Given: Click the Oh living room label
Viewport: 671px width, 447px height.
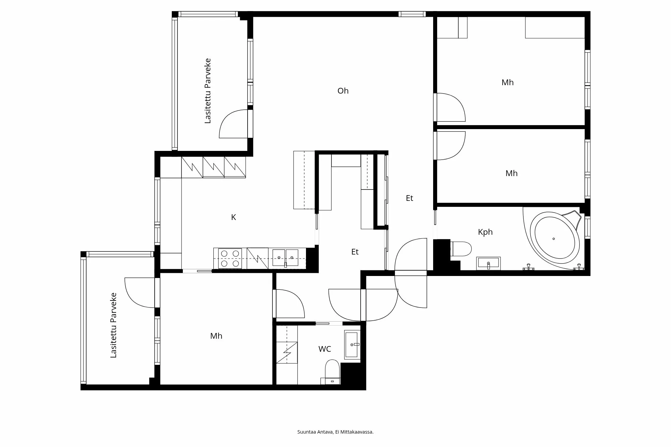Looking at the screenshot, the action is coord(343,91).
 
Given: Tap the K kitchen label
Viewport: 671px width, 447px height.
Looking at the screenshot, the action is coord(234,217).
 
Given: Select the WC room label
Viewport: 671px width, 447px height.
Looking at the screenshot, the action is coord(324,349).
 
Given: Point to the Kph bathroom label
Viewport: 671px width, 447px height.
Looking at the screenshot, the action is coord(485,232).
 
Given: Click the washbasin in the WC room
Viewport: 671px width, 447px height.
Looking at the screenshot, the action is coord(352,345).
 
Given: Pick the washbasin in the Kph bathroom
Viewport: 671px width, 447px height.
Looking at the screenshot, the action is coord(488,263).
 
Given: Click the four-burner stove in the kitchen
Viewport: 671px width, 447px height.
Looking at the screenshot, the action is coord(230,259).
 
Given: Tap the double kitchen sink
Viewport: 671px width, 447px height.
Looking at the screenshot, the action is coord(285,258).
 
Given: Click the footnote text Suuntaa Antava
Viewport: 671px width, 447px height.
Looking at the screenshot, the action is coord(315,432).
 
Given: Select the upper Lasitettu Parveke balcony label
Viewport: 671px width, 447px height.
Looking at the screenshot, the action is coord(208,91).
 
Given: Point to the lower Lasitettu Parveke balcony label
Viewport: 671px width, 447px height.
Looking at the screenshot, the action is coord(113,325).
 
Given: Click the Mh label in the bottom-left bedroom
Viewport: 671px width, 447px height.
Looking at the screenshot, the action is coord(216,336).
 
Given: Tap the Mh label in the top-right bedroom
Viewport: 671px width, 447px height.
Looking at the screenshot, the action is coord(507,82).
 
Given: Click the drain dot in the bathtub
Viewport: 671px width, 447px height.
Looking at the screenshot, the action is coord(554,239).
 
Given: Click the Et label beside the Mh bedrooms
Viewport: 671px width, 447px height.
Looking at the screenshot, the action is coord(409,198).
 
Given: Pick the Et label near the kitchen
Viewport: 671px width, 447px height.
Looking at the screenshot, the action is coord(355,252).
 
